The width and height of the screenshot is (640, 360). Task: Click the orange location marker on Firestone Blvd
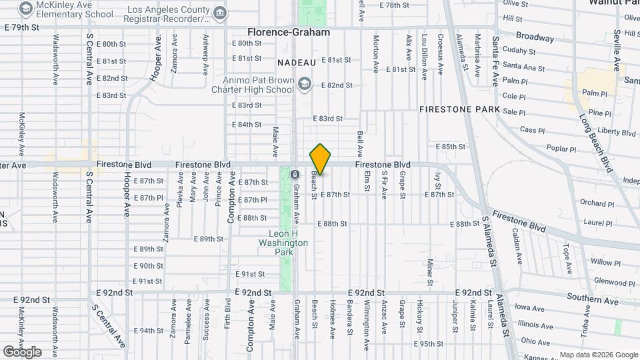321,159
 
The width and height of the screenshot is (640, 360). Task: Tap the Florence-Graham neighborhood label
288,32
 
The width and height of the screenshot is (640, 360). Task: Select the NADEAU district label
296,62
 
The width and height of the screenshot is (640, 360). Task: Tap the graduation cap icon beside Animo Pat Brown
305,83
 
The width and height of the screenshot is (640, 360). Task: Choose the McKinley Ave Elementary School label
75,9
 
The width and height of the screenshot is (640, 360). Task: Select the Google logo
22,351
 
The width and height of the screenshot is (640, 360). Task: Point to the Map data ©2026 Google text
598,355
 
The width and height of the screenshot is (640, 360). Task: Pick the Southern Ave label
593,300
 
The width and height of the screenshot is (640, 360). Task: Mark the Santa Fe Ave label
495,61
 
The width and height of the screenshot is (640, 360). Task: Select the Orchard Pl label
592,203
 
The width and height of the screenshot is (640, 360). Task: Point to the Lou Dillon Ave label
424,57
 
